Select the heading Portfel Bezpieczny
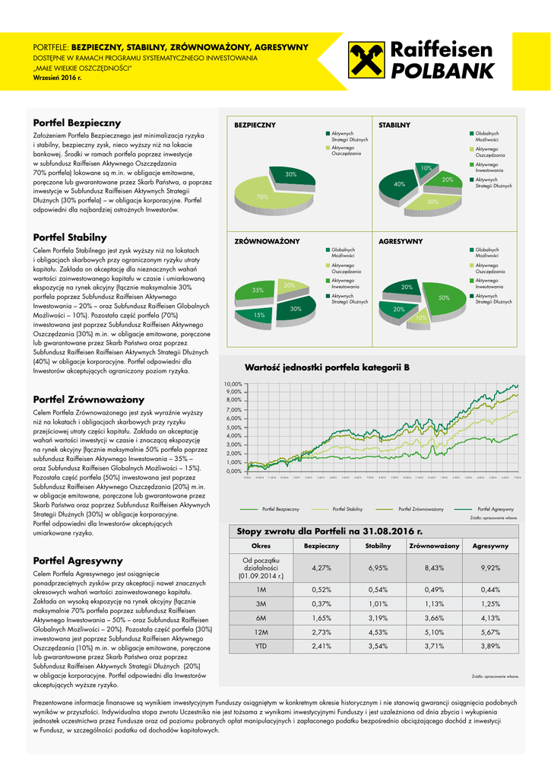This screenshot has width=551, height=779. [77, 122]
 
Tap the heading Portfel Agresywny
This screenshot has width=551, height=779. [78, 561]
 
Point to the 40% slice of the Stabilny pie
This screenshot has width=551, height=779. [399, 185]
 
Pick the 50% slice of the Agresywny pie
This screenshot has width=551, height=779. [443, 298]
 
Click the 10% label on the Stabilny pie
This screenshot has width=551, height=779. [426, 167]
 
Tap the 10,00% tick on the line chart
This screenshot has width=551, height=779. [233, 384]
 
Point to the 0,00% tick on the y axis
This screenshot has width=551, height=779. [234, 472]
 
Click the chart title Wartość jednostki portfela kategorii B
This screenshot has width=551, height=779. [327, 367]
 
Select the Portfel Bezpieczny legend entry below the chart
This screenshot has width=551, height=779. [280, 508]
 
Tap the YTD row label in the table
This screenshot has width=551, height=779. [261, 646]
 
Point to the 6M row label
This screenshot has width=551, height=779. [261, 618]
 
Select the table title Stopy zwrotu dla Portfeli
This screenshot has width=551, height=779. [329, 531]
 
